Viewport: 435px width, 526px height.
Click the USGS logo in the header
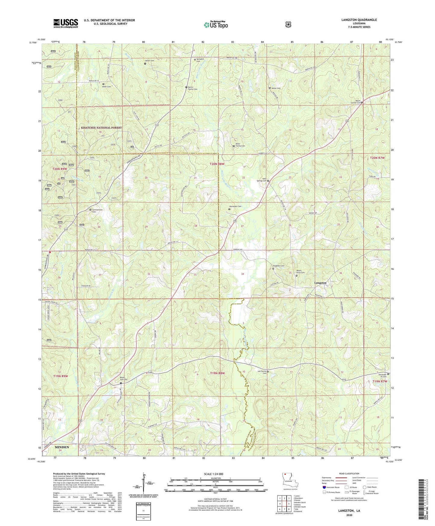pyautogui.click(x=66, y=23)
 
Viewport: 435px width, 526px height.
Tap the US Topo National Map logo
pyautogui.click(x=216, y=24)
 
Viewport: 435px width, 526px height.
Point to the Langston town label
pyautogui.click(x=320, y=283)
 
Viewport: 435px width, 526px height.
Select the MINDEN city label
pyautogui.click(x=62, y=447)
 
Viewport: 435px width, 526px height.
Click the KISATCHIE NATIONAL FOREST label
pyautogui.click(x=101, y=128)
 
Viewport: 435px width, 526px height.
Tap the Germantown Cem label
pyautogui.click(x=94, y=211)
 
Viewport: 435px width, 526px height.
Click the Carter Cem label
pyautogui.click(x=150, y=61)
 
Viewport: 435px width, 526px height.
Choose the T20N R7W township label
pyautogui.click(x=377, y=158)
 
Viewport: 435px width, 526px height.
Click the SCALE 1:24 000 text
pyautogui.click(x=213, y=474)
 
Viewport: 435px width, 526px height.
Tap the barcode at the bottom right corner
pyautogui.click(x=422, y=499)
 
